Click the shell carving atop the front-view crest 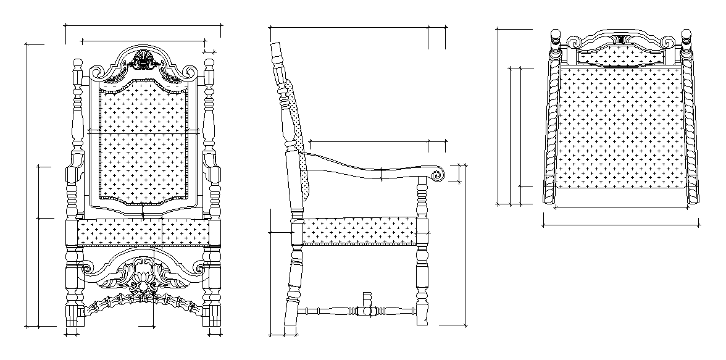coord(143,59)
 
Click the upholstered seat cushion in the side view coord(358,230)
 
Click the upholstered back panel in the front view coord(143,145)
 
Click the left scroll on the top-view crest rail coord(574,43)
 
